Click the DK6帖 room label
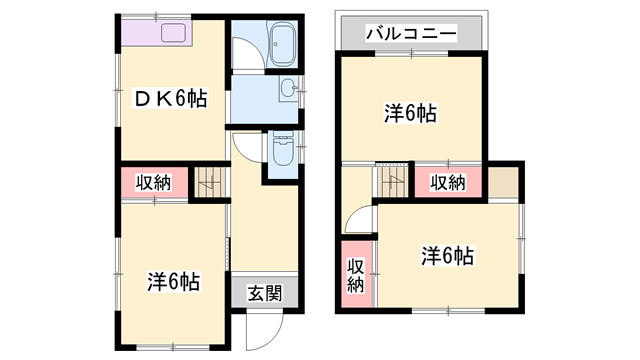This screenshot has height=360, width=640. coord(171,99)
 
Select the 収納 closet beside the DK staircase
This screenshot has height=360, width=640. coord(154,183)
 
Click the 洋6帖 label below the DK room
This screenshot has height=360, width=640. coord(174,281)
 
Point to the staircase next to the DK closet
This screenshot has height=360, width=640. coord(209,182)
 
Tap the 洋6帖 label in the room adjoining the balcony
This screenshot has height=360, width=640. coord(410,113)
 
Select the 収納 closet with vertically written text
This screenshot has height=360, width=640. coord(354,274)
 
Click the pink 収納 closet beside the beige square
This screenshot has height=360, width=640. coord(448,182)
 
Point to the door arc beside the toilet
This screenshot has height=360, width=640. coord(246,147)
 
